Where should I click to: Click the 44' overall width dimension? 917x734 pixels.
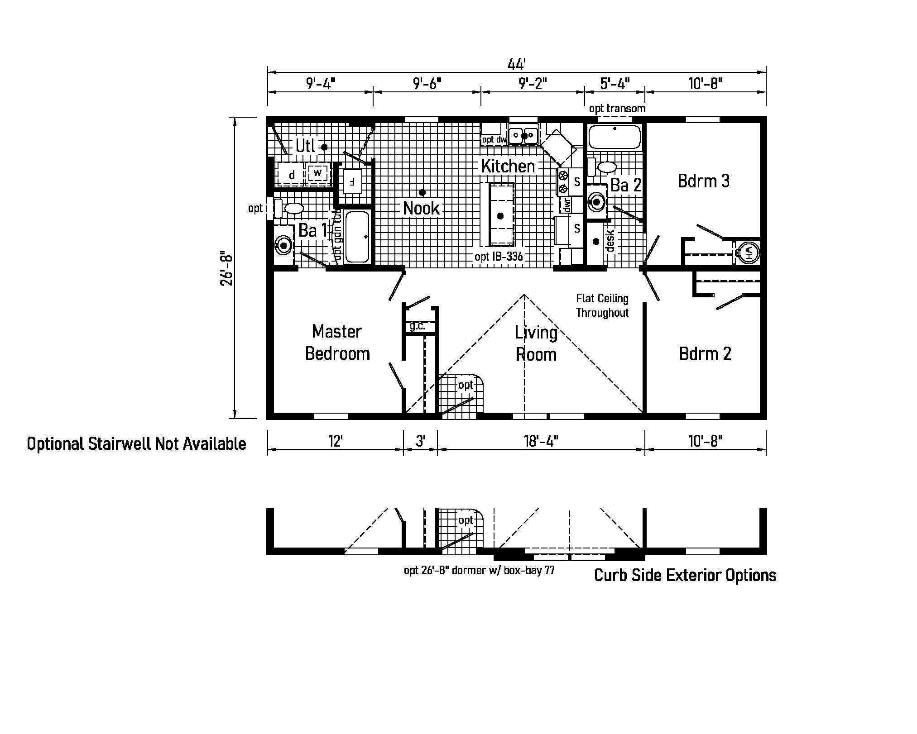[x=516, y=64]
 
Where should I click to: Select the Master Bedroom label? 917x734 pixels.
[x=337, y=343]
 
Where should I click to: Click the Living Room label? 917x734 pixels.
[x=536, y=343]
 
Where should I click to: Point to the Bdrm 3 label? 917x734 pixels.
[x=703, y=181]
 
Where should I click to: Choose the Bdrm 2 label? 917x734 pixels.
[x=705, y=354]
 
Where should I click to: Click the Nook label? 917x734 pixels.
[x=421, y=208]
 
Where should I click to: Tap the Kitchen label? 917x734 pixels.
[x=508, y=166]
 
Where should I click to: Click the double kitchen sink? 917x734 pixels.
[x=523, y=135]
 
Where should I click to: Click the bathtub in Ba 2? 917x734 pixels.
[x=615, y=136]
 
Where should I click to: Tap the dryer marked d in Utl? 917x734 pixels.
[x=292, y=175]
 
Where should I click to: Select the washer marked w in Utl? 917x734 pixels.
[x=317, y=172]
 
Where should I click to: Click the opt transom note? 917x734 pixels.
[x=617, y=109]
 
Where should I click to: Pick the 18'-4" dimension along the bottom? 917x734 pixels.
[x=541, y=441]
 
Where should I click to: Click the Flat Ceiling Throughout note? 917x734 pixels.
[x=602, y=305]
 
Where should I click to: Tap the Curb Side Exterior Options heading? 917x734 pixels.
[x=685, y=575]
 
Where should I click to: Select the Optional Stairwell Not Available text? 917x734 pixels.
[x=136, y=444]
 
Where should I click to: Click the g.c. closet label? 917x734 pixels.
[x=417, y=326]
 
